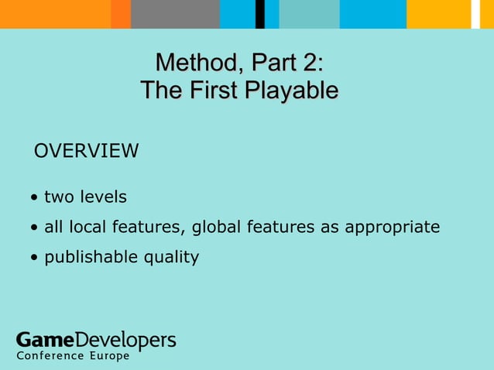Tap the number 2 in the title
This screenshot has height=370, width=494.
(311, 62)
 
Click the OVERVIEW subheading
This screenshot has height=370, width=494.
(86, 150)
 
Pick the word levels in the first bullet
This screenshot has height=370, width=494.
(102, 197)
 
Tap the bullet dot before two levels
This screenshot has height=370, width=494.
(36, 198)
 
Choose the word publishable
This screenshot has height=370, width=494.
(90, 257)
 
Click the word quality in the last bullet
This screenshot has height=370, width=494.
(170, 257)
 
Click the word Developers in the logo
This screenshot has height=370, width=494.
(126, 340)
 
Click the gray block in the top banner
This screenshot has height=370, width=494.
(175, 14)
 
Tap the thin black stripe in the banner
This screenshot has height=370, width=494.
(260, 14)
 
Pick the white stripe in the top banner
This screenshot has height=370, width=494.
(475, 14)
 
